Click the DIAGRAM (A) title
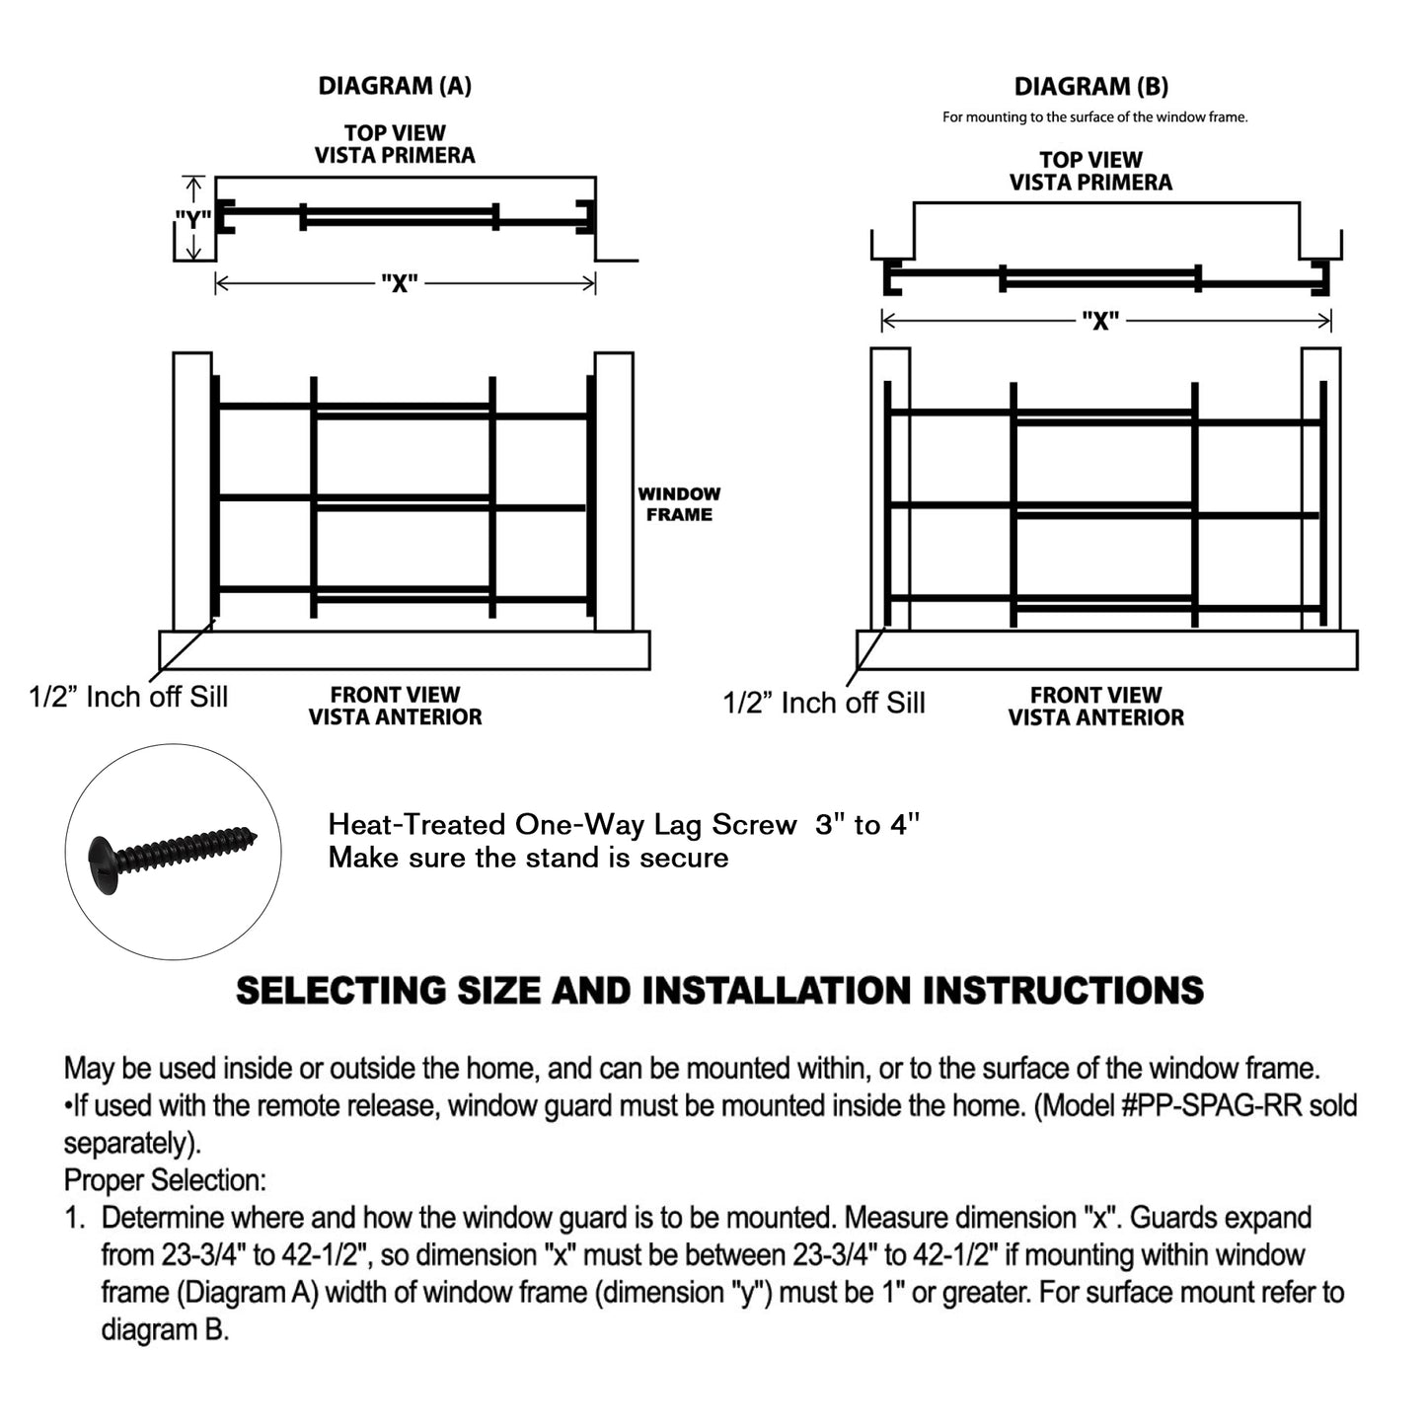tap(395, 87)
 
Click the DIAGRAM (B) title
tap(1090, 87)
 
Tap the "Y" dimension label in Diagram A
tap(192, 219)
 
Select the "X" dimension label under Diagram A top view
tap(400, 284)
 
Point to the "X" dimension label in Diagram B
tap(1100, 321)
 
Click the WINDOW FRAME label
tap(679, 504)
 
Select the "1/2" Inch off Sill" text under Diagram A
tap(128, 697)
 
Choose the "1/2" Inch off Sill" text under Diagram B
tap(824, 703)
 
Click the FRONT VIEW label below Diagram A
tap(395, 695)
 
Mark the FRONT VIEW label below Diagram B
tap(1095, 695)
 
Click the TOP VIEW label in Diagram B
tap(1090, 159)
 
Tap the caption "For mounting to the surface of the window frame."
tap(1094, 117)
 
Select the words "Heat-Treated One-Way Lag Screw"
tap(562, 825)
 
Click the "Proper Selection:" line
tap(165, 1180)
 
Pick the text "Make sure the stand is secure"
tap(528, 858)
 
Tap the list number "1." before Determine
tap(76, 1218)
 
